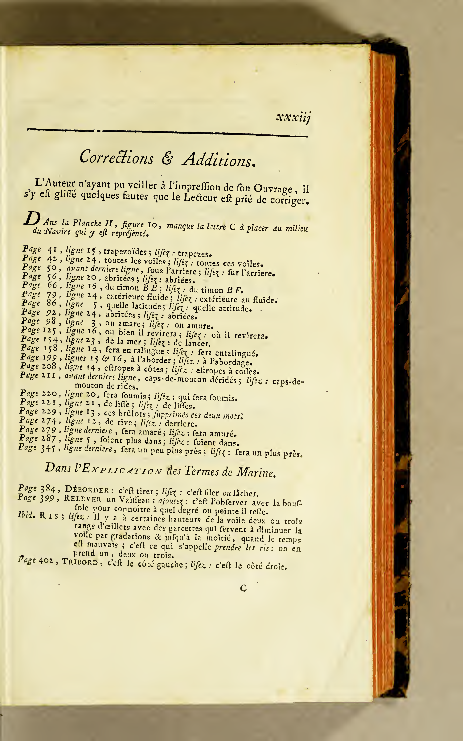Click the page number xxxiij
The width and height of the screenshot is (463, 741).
pyautogui.click(x=293, y=118)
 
